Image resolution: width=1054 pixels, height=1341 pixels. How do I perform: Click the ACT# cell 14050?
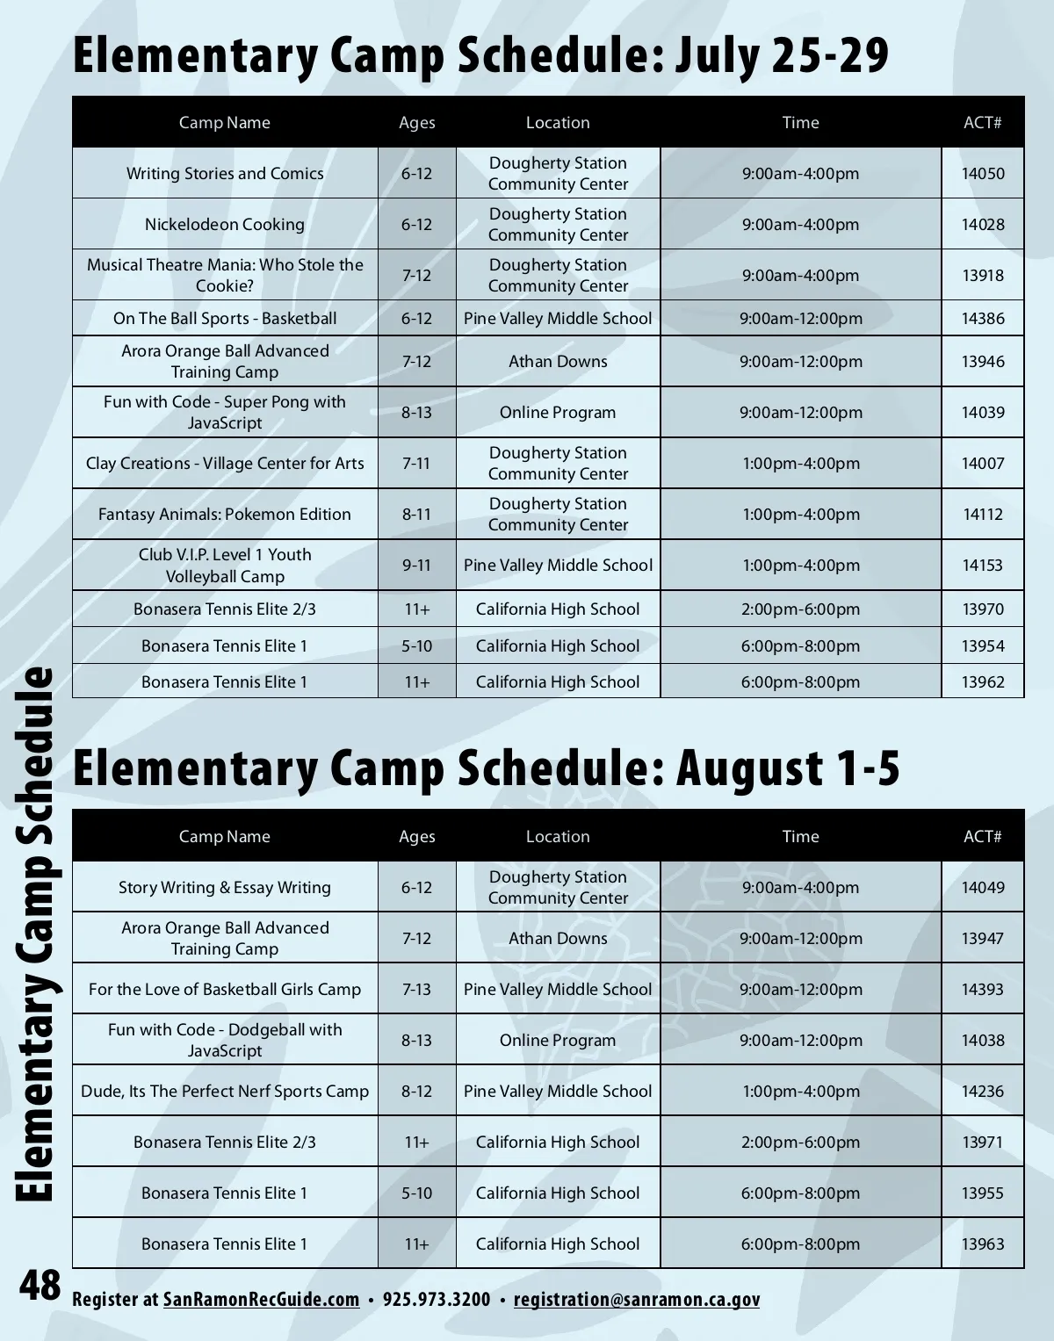click(983, 174)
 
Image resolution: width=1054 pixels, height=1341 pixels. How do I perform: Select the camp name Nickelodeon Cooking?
click(225, 225)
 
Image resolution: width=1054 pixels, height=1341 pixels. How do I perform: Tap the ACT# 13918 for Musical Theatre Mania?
click(983, 276)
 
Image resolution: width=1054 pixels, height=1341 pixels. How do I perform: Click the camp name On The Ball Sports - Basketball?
click(225, 319)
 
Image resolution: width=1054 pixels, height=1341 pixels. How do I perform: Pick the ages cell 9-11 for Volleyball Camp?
click(416, 566)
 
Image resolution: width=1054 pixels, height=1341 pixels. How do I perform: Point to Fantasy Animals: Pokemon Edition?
click(225, 515)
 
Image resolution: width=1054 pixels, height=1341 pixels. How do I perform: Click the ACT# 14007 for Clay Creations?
click(983, 464)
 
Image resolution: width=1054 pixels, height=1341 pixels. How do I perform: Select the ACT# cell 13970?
click(983, 609)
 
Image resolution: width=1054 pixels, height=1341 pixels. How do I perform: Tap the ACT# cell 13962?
click(983, 682)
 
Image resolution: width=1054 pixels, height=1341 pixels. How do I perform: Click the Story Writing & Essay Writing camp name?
click(225, 888)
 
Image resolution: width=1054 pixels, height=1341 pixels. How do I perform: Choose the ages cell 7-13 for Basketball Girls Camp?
click(416, 990)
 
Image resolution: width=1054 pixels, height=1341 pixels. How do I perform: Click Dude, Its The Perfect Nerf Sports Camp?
click(225, 1092)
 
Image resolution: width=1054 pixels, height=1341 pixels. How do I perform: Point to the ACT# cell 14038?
click(983, 1041)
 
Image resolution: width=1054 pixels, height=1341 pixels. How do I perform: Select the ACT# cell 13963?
click(983, 1244)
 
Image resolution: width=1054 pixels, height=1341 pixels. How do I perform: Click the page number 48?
click(40, 1287)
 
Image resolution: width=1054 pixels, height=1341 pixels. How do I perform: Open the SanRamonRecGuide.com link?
click(261, 1300)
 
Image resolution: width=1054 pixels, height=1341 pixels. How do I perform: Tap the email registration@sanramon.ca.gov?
click(637, 1300)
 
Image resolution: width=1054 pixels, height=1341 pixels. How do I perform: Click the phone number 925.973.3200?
click(437, 1300)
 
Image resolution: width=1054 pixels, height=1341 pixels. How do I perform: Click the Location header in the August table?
click(558, 837)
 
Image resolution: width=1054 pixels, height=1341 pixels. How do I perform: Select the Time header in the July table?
click(800, 123)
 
